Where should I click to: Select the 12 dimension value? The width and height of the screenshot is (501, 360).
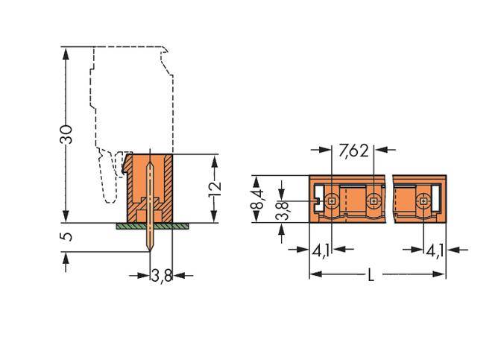(x=215, y=188)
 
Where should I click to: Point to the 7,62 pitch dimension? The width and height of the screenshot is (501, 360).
(x=353, y=151)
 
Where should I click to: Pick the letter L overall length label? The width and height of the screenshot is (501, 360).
(x=371, y=275)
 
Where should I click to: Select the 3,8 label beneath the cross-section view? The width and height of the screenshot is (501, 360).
(x=162, y=276)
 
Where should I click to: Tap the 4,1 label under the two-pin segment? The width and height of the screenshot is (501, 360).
(x=321, y=250)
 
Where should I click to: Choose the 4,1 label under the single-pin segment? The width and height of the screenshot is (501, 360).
(x=435, y=250)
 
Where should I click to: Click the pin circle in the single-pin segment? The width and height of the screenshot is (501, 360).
(x=423, y=200)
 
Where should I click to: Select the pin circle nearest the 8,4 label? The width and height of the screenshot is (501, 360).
(x=332, y=200)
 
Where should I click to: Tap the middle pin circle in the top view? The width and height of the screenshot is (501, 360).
(x=373, y=200)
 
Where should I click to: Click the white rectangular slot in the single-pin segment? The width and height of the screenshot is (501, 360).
(x=440, y=200)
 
